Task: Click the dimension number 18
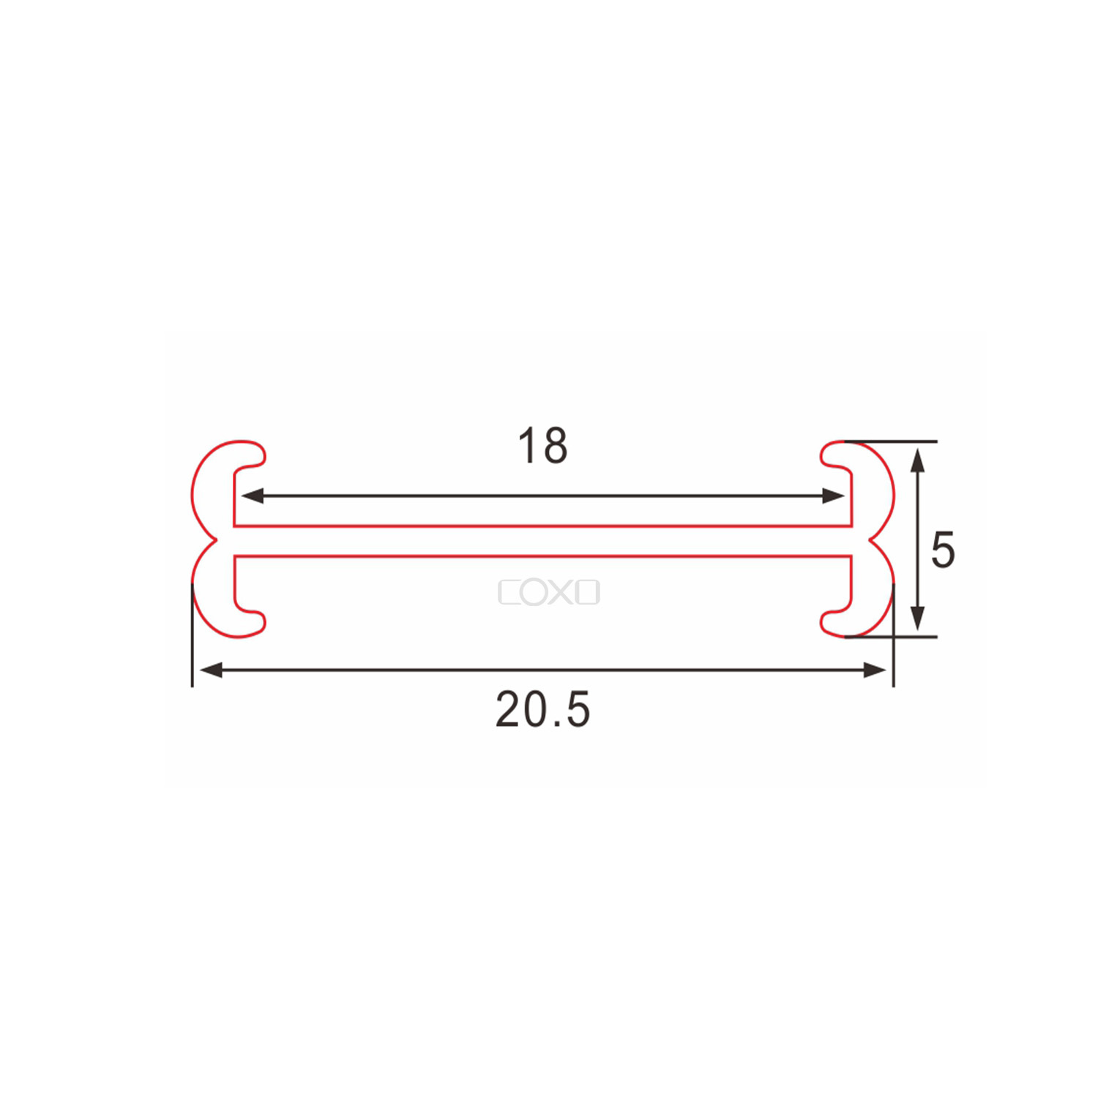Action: click(542, 446)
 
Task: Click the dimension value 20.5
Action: click(542, 710)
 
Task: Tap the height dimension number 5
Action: click(943, 550)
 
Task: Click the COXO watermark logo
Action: click(549, 592)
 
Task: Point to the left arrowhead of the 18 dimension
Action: click(253, 496)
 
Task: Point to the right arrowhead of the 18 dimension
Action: click(834, 496)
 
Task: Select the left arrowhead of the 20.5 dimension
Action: click(212, 670)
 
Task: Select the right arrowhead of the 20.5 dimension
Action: click(875, 670)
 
